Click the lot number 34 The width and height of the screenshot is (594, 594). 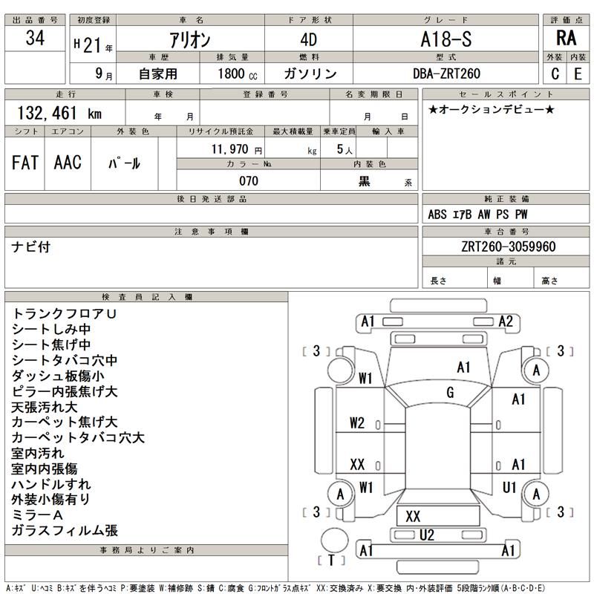click(x=35, y=39)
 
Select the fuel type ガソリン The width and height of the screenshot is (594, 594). click(x=310, y=74)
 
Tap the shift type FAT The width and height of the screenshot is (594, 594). click(x=25, y=163)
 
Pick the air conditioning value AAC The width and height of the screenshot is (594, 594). click(x=68, y=163)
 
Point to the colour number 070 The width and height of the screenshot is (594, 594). click(x=249, y=181)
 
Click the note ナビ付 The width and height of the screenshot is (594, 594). click(x=31, y=247)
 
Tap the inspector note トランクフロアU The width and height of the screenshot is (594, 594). click(x=65, y=314)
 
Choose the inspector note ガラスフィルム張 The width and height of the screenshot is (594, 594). click(x=65, y=530)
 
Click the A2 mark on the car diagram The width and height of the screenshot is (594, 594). click(x=506, y=322)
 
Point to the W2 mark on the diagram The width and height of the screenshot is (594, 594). click(x=357, y=423)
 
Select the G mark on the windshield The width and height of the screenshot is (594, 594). click(x=450, y=392)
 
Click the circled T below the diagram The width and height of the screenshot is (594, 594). click(x=331, y=560)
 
